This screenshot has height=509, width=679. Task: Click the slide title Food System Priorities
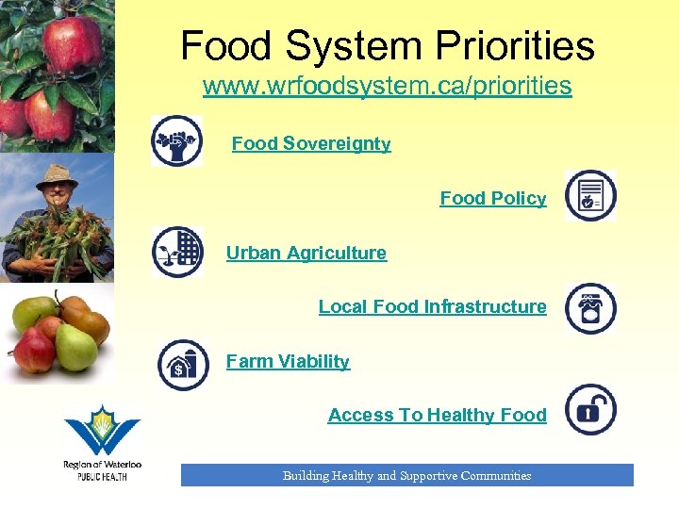pos(387,45)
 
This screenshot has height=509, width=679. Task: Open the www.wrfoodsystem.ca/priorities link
pos(387,86)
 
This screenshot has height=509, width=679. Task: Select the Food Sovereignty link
pos(311,143)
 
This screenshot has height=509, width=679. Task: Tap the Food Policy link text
pos(492,198)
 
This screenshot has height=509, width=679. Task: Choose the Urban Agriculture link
pos(306,253)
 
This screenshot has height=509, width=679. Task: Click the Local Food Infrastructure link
pos(432,306)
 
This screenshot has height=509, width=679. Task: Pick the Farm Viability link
pos(288,361)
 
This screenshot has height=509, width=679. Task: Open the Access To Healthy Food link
pos(437,415)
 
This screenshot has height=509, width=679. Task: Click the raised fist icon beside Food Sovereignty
pos(176,140)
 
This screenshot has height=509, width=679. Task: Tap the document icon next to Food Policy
pos(590,195)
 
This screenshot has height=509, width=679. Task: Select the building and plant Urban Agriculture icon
pos(178,252)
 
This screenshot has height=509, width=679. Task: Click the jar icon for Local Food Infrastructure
pos(590,308)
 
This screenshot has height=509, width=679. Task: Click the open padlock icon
pos(590,410)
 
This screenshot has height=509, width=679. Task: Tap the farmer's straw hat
pos(56,175)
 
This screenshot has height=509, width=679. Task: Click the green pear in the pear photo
pos(75,349)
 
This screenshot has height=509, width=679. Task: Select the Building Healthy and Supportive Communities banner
pos(406,475)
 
